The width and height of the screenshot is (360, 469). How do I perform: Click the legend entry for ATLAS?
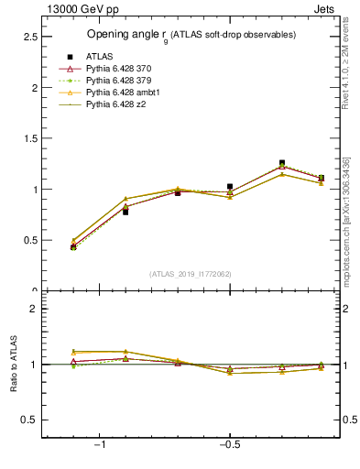coord(99,57)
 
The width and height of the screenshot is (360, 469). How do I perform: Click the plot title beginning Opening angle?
coord(191,35)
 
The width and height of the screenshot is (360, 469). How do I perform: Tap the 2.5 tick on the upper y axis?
coord(29,37)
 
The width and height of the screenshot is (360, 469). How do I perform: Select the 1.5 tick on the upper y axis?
coord(29,138)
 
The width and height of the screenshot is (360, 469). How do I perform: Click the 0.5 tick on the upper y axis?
coord(29,240)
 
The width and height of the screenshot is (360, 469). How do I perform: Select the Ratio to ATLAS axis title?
coord(13,365)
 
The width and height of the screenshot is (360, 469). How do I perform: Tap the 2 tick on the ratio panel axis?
coord(34,309)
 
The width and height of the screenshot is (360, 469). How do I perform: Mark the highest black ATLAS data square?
coord(282,163)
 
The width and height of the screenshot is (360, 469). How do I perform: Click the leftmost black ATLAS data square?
coord(73,247)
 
